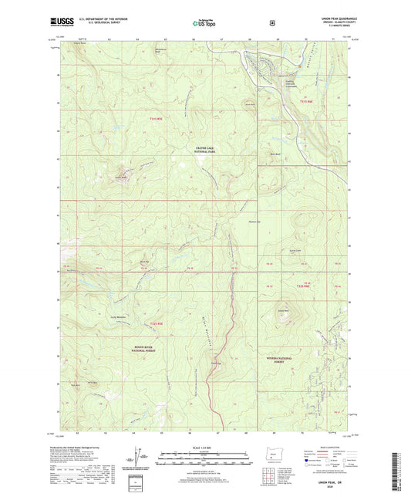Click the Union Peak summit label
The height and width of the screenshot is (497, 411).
pos(120,177)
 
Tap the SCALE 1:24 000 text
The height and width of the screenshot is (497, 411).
pos(205,448)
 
